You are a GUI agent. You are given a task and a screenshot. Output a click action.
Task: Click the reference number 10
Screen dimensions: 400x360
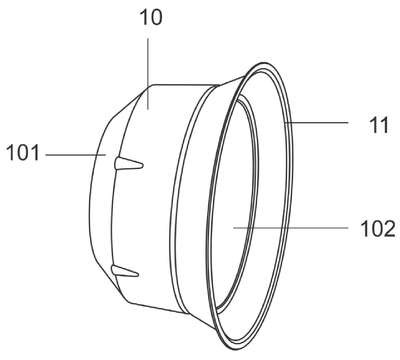151,17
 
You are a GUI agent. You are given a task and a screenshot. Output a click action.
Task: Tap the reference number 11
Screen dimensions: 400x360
379,125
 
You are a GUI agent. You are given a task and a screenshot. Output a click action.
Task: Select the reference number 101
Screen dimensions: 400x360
23,153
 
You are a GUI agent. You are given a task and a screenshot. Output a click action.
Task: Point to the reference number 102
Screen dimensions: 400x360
378,229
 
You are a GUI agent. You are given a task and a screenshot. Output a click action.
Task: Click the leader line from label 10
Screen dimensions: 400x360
148,74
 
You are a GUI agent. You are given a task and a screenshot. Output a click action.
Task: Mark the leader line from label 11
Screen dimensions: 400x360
316,123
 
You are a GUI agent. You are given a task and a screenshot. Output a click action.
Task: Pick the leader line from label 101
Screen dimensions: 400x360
76,155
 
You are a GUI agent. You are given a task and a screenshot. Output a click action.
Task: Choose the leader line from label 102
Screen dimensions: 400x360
291,228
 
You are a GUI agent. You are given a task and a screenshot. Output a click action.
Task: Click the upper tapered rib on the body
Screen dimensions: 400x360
129,163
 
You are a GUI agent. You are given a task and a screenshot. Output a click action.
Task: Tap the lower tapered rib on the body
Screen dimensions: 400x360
125,271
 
